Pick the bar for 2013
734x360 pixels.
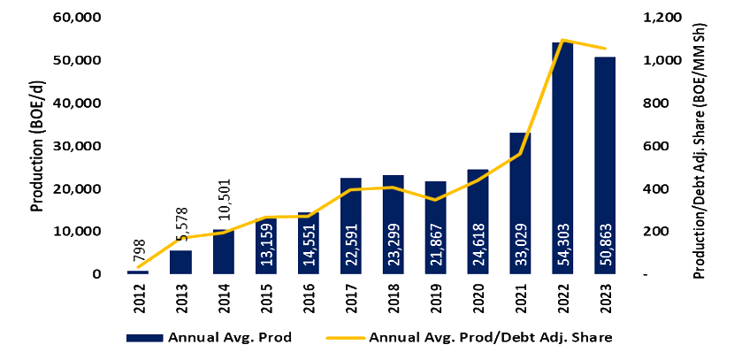[x=180, y=262]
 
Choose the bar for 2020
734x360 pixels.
[x=478, y=221]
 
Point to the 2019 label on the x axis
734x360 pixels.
[x=435, y=295]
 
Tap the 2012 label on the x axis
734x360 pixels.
[x=139, y=295]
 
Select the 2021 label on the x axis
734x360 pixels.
[x=520, y=295]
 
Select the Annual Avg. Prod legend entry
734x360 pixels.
[x=210, y=338]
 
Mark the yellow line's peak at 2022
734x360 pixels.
[x=562, y=40]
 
